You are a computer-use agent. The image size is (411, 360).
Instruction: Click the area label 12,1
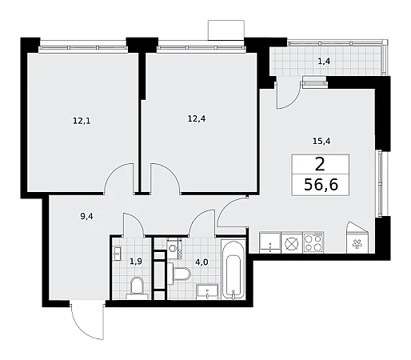pyautogui.click(x=82, y=121)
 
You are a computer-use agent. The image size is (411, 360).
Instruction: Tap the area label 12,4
pyautogui.click(x=197, y=118)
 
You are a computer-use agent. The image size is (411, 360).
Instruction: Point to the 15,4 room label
pyautogui.click(x=321, y=141)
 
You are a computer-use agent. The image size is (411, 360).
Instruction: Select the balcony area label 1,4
pyautogui.click(x=324, y=62)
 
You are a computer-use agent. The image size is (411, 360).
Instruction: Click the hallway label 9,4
pyautogui.click(x=86, y=216)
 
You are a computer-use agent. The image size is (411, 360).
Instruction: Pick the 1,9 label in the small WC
pyautogui.click(x=136, y=262)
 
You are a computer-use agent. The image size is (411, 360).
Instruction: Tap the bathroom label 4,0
pyautogui.click(x=202, y=262)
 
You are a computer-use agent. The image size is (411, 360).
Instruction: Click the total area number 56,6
pyautogui.click(x=321, y=185)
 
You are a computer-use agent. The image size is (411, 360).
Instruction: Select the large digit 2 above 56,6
pyautogui.click(x=320, y=164)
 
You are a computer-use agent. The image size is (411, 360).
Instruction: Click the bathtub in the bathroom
pyautogui.click(x=233, y=270)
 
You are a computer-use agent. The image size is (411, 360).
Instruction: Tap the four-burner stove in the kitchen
pyautogui.click(x=313, y=242)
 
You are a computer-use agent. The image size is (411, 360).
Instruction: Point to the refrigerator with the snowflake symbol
pyautogui.click(x=357, y=238)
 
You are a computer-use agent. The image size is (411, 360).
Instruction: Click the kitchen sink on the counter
pyautogui.click(x=270, y=242)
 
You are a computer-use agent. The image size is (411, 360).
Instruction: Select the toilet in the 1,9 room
pyautogui.click(x=137, y=288)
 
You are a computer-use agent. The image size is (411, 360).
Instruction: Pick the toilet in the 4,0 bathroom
pyautogui.click(x=179, y=274)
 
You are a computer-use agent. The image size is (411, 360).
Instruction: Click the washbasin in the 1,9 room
pyautogui.click(x=117, y=254)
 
